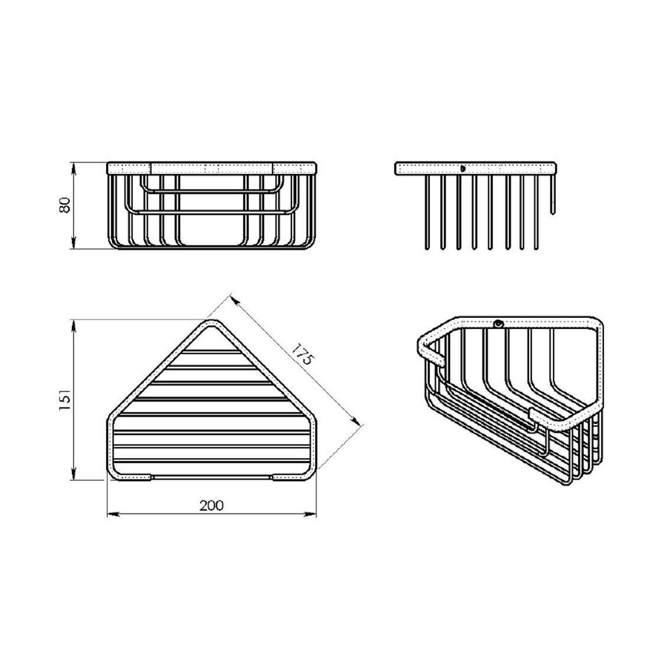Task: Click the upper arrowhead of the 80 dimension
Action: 74,165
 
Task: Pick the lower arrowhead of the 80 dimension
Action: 74,245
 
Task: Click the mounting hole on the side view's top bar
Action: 462,168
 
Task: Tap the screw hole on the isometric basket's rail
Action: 500,323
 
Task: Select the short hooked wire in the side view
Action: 552,196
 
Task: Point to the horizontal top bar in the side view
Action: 474,168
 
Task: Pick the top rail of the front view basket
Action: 213,167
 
